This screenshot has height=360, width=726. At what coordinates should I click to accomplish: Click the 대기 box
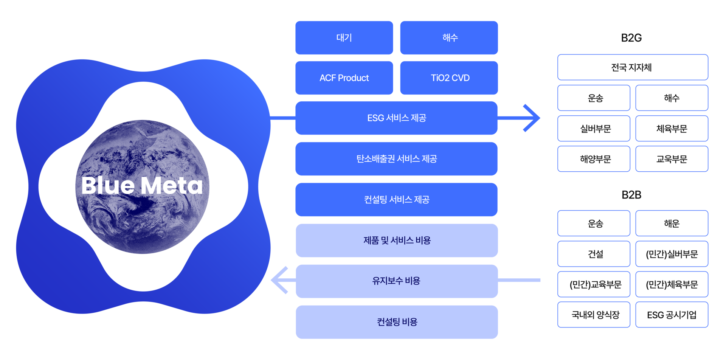344,38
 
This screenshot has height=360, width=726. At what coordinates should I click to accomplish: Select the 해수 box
449,38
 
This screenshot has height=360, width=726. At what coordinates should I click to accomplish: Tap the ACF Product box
344,78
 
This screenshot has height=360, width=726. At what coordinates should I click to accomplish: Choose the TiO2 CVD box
449,78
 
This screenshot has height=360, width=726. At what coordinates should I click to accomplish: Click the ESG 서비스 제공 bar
396,118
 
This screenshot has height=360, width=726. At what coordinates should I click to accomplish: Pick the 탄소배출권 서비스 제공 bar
396,159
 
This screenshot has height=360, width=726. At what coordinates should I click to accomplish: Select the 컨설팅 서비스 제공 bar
396,200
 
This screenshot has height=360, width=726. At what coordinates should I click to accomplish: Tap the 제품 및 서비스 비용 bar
397,241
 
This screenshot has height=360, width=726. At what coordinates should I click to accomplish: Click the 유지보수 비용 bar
397,281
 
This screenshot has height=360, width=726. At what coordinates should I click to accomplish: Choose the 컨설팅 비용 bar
397,322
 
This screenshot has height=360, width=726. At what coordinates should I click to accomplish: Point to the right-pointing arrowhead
533,118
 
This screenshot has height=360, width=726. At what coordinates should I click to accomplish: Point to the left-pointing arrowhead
279,280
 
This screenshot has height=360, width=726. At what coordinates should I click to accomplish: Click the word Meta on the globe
172,186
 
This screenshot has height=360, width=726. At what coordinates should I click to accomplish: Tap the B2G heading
631,37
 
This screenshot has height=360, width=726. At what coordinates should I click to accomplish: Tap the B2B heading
631,194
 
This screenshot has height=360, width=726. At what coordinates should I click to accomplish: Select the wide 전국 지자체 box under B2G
633,67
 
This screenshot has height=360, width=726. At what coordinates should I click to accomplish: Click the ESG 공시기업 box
672,315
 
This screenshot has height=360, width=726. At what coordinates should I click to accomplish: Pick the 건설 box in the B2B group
594,254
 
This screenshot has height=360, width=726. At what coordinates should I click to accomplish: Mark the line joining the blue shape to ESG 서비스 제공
283,118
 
